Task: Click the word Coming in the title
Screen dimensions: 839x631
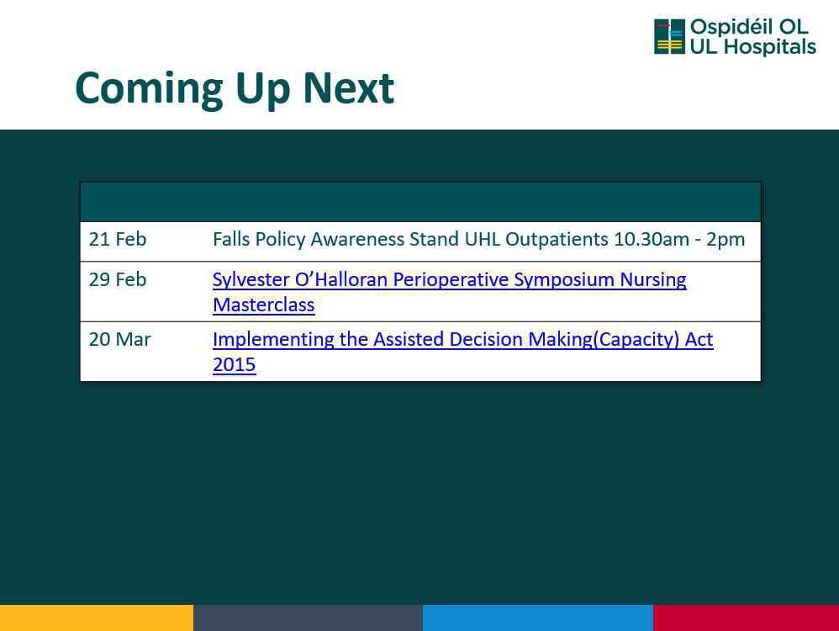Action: click(x=149, y=89)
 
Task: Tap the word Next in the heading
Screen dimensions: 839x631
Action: click(x=348, y=87)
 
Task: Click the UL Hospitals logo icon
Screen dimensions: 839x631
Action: click(x=669, y=36)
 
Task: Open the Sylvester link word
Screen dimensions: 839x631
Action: click(x=251, y=279)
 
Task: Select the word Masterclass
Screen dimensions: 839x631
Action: click(x=264, y=305)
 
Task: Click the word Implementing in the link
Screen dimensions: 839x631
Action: click(x=273, y=340)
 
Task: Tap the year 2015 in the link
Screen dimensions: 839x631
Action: click(x=235, y=365)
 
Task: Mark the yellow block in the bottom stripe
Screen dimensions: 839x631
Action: click(x=97, y=618)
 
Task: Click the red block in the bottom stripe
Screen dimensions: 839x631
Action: click(x=746, y=618)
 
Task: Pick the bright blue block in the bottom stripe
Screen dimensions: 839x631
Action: click(x=538, y=618)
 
